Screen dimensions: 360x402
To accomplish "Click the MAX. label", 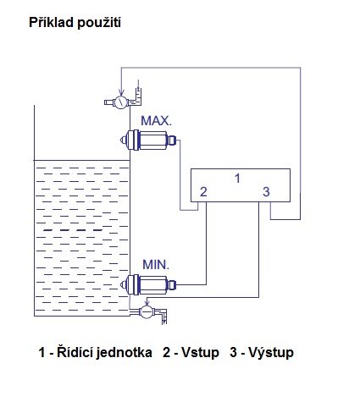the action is (156, 121).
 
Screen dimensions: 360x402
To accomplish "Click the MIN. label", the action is (156, 265).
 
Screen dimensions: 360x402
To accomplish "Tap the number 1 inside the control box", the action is (237, 179).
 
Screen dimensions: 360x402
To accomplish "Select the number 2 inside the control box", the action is (203, 192).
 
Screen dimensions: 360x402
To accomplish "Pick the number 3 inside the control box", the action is (266, 192).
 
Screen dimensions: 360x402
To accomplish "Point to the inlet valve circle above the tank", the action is (121, 102).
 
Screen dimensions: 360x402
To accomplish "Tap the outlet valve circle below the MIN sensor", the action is (147, 312).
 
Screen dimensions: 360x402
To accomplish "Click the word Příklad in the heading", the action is (51, 22).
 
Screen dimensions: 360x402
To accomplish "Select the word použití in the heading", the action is (98, 23).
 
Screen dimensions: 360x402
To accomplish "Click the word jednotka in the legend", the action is (124, 353).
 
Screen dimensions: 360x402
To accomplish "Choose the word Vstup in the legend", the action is (200, 353).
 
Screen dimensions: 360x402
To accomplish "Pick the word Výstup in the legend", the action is (271, 353).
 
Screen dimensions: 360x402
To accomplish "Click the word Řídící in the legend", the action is (75, 352).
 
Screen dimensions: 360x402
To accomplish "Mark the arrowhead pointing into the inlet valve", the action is (121, 92).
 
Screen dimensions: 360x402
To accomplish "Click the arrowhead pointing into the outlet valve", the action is (147, 303).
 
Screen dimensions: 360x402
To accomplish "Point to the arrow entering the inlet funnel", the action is (138, 84).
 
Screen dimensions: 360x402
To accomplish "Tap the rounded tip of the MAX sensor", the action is (123, 140).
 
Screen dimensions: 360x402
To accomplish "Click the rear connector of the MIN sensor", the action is (171, 284).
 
